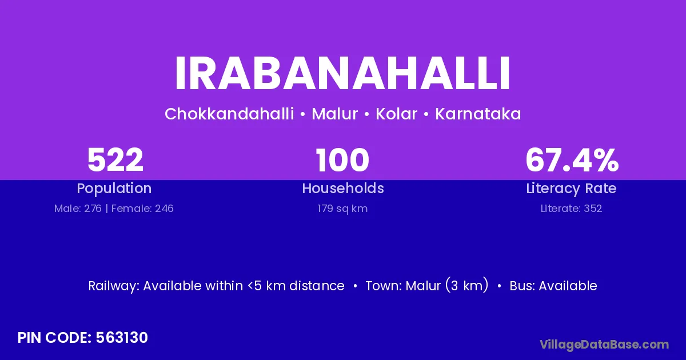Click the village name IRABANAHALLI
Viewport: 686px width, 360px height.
tap(342, 74)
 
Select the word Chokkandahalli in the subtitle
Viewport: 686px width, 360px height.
tap(229, 114)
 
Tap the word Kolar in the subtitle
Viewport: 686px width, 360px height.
tap(396, 114)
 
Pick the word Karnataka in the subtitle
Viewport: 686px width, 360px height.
tap(478, 114)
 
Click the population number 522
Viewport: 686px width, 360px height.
tap(115, 160)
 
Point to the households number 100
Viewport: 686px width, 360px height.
tap(342, 160)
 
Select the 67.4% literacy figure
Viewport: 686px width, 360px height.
tap(572, 160)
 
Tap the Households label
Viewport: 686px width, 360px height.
tap(343, 188)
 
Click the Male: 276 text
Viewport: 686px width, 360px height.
tap(78, 209)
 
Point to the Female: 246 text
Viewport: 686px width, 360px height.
tap(142, 209)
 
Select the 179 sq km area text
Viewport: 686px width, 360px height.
tap(342, 209)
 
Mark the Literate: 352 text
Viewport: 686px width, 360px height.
tap(571, 209)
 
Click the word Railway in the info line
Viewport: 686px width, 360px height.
tap(114, 286)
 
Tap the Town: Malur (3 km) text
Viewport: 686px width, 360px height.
tap(427, 285)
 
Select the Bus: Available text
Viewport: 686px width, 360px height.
tap(553, 286)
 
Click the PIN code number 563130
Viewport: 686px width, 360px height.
tap(122, 338)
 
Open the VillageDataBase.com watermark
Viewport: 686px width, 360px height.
tap(604, 345)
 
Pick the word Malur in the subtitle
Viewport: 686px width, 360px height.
tap(335, 114)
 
